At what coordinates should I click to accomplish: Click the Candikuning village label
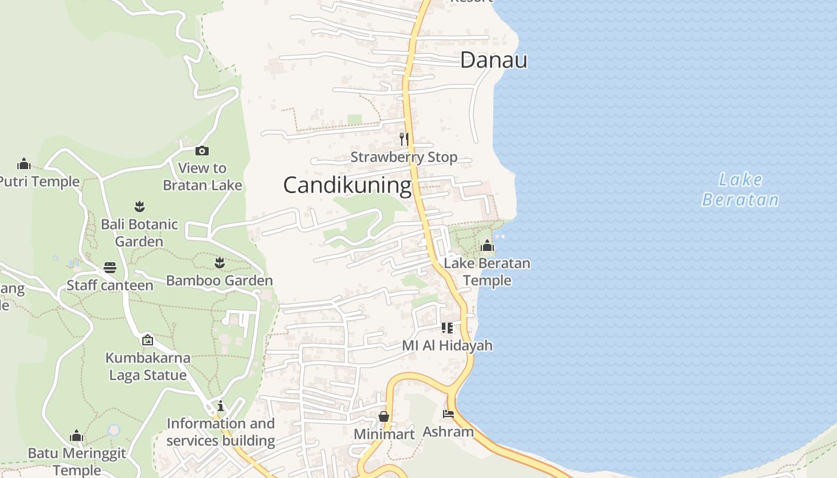[347, 185]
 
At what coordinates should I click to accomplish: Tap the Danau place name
[494, 60]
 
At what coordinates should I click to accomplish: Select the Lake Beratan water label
[740, 189]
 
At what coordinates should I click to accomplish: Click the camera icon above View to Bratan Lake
[202, 151]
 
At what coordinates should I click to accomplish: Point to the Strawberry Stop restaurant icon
[404, 139]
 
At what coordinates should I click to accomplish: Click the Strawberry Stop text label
[404, 157]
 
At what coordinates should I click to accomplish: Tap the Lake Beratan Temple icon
[487, 246]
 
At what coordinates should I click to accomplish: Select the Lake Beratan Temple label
[487, 271]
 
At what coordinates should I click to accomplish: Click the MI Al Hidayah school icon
[447, 327]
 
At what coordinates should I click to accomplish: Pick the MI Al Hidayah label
[447, 345]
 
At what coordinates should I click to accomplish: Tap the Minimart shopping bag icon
[384, 416]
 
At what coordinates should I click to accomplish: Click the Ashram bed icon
[448, 413]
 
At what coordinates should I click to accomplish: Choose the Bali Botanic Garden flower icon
[139, 207]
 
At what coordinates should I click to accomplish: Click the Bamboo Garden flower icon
[219, 262]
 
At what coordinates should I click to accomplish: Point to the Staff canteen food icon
[110, 267]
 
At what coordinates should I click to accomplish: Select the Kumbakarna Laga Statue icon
[148, 340]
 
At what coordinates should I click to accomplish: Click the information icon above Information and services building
[221, 406]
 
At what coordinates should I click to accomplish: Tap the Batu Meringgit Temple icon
[77, 436]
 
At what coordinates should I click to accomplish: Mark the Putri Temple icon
[24, 163]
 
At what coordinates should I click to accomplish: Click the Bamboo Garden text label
[219, 280]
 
